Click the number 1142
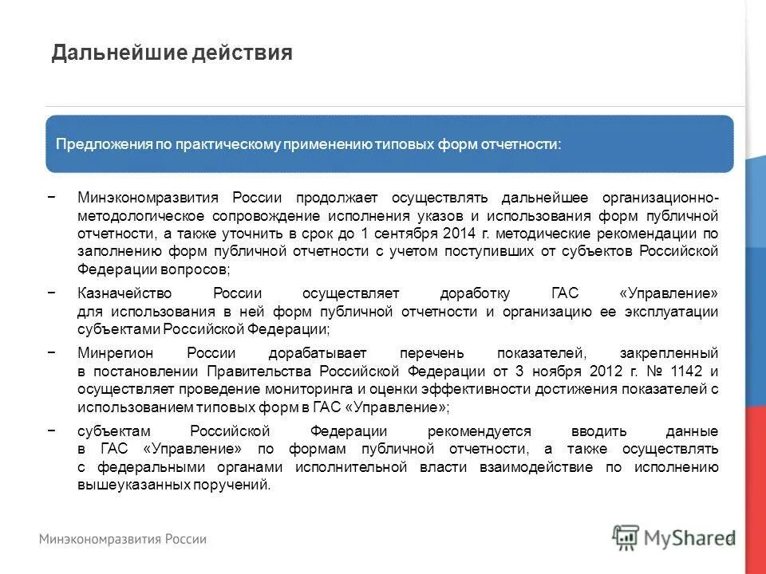click(684, 372)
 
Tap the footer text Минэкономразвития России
click(124, 539)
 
